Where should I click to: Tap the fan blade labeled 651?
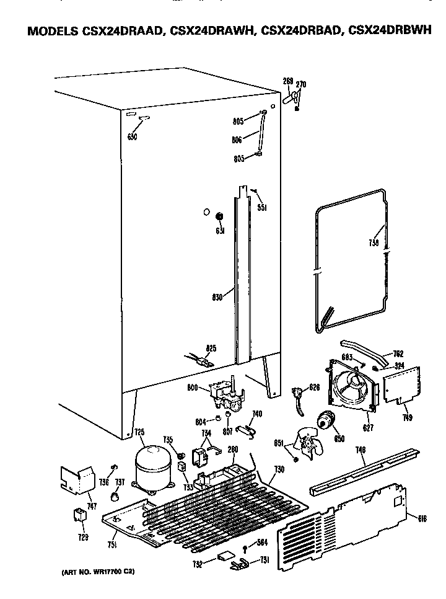(306, 445)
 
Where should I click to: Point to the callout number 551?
(262, 208)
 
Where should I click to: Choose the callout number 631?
(219, 231)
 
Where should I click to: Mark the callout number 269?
(287, 82)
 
